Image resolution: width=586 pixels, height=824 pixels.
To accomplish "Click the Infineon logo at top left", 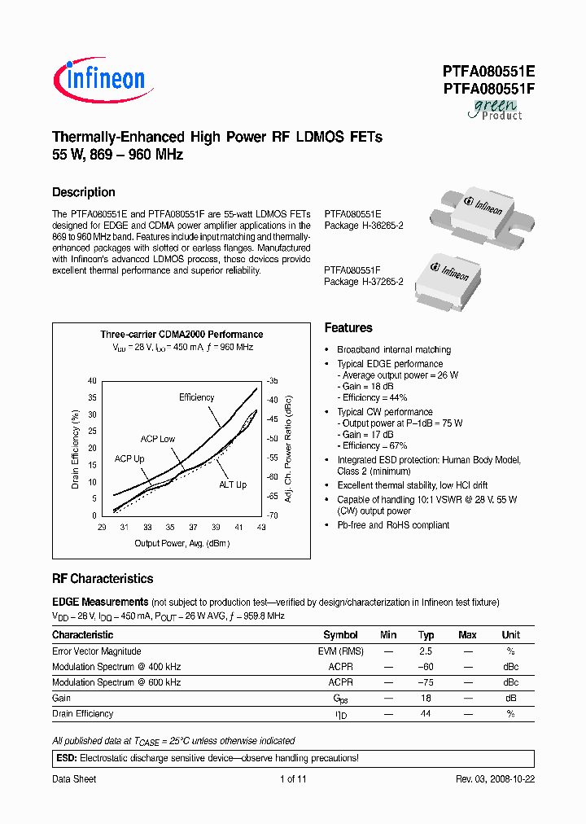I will tap(99, 78).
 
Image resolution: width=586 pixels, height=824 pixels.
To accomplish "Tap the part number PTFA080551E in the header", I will tap(488, 72).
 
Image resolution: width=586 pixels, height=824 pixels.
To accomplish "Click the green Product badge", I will tap(495, 109).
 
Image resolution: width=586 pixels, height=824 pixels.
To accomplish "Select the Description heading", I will tap(84, 193).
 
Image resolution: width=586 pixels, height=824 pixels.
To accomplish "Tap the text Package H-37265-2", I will tap(364, 282).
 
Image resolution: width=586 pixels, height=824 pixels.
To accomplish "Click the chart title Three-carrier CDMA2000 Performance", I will tap(181, 335).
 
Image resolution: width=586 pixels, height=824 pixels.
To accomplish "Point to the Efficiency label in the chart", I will tap(196, 397).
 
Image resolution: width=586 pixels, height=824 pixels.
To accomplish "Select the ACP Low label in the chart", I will tap(157, 439).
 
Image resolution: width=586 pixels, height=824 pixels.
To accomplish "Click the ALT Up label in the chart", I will tap(232, 485).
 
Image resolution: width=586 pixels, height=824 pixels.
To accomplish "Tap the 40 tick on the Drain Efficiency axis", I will tap(92, 381).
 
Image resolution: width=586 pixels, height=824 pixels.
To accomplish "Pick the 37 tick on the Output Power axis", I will tap(193, 528).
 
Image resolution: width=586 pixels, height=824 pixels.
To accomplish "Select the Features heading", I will tap(348, 328).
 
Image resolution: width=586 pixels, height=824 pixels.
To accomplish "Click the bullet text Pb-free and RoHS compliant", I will tap(393, 525).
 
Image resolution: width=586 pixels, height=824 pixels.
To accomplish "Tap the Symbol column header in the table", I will tap(340, 635).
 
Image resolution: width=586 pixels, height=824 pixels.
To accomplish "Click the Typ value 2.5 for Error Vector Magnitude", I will tap(426, 651).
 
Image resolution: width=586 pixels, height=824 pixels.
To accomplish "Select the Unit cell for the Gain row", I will tap(510, 698).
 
